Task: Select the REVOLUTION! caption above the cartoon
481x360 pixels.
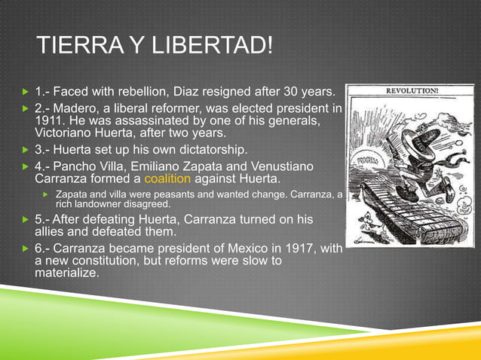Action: point(412,90)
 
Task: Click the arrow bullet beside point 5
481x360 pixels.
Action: point(24,220)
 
